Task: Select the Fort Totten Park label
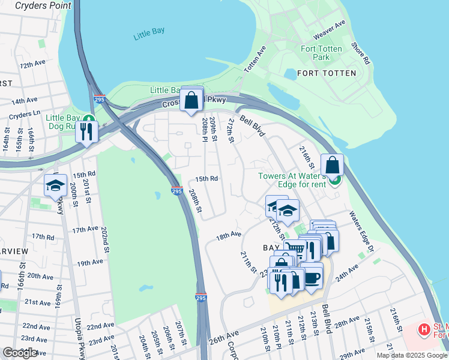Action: [321, 53]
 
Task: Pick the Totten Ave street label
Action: [255, 60]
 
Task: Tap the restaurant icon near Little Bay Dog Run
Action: [86, 130]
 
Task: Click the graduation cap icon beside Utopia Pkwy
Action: [55, 185]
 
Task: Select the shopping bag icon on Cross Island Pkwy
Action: [191, 100]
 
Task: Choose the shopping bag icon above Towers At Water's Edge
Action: [332, 165]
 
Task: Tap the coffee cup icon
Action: [312, 275]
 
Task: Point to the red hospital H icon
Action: [424, 329]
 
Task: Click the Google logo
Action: [20, 353]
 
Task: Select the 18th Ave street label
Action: [228, 236]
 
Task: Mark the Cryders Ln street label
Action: [25, 113]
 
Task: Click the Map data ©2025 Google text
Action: [411, 355]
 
